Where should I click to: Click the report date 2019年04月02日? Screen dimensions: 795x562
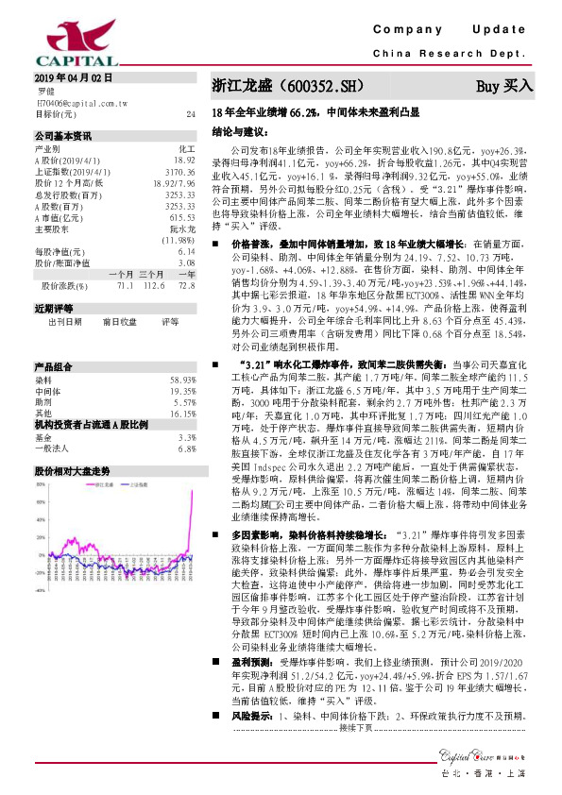(x=72, y=76)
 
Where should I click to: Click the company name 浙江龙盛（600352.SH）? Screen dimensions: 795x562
(x=287, y=85)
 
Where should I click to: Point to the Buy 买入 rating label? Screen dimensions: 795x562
(x=504, y=85)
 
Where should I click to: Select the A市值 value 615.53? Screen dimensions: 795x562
(x=181, y=217)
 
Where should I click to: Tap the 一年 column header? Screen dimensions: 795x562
(x=186, y=272)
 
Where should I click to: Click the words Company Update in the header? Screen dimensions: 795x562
(x=454, y=29)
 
